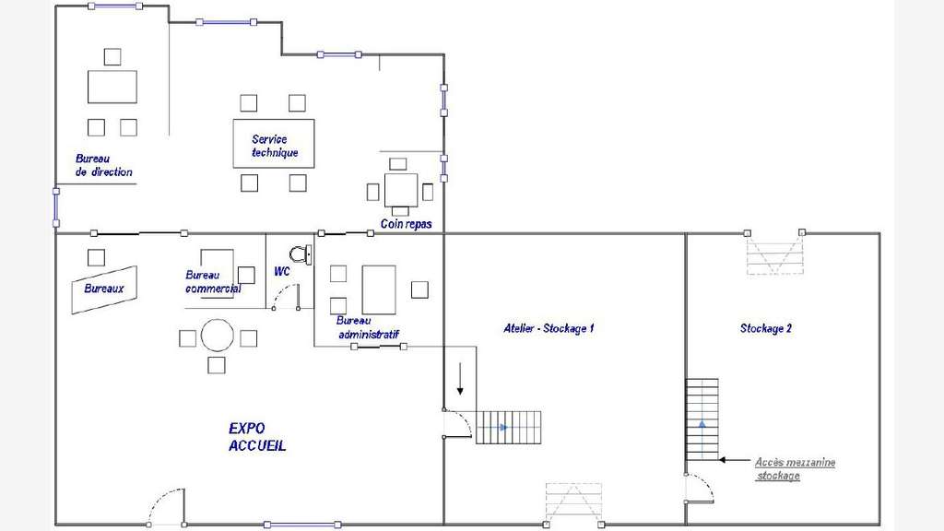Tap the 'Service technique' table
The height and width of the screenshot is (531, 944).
point(274,143)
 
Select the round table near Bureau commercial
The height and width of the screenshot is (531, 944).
point(218,336)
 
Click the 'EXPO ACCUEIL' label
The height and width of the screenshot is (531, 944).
point(257,437)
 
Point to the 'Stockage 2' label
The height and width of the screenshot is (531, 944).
point(766,328)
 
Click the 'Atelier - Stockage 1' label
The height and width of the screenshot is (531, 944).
point(549,328)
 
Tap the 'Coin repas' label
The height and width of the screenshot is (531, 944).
point(407,224)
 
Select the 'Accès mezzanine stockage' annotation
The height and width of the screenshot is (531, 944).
point(795,468)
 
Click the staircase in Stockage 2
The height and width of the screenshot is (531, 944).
point(702,419)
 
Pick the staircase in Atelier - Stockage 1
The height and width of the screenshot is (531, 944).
point(509,428)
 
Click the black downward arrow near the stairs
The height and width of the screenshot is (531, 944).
point(461,379)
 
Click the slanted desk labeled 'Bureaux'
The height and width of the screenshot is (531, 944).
point(104,289)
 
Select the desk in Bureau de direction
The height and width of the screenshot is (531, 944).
point(112,87)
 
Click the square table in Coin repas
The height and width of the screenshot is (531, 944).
point(401,190)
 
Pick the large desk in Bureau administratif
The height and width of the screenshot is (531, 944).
point(379,289)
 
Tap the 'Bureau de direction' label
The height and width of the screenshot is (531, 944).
point(103,166)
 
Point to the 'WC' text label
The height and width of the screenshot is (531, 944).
point(282,272)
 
